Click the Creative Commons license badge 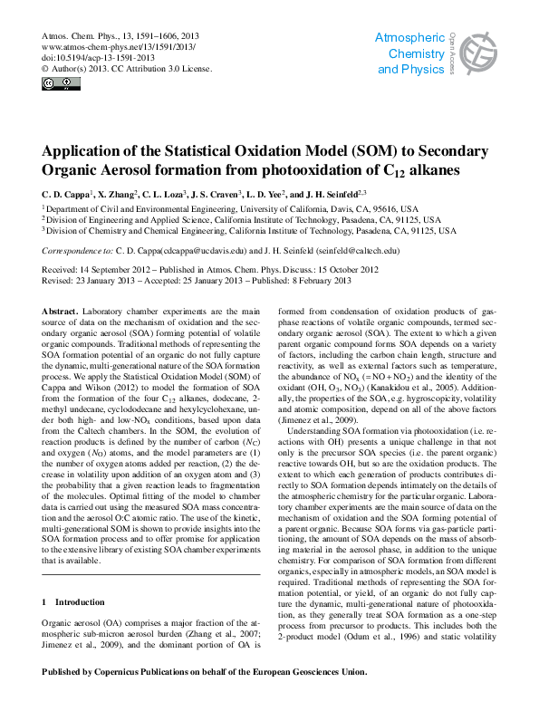click(x=61, y=84)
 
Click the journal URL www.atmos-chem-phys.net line click(x=119, y=45)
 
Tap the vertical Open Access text click(x=452, y=53)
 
